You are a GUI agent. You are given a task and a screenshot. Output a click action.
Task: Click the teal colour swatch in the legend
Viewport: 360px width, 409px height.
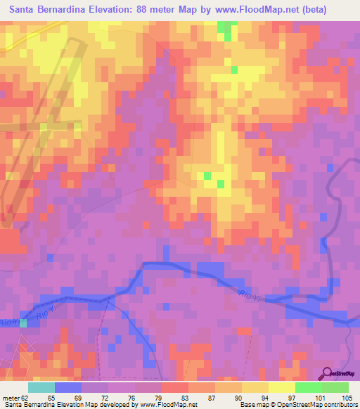(x=41, y=387)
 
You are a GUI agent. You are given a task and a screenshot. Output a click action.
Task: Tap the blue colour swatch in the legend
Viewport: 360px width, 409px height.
(x=67, y=387)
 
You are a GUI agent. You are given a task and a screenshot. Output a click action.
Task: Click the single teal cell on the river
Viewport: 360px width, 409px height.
(x=23, y=323)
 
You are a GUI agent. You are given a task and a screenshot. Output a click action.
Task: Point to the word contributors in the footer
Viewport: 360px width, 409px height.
(x=338, y=405)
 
